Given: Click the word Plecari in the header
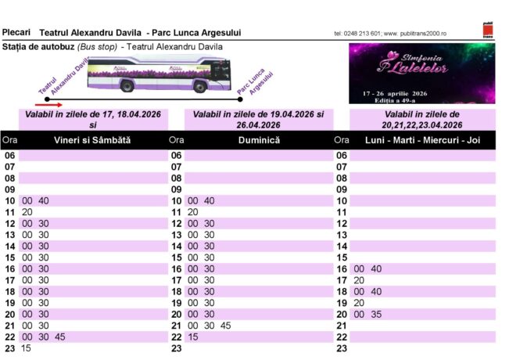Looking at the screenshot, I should pyautogui.click(x=16, y=32).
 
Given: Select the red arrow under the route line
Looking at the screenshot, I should pyautogui.click(x=48, y=103).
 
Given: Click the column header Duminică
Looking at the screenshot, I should pyautogui.click(x=259, y=140).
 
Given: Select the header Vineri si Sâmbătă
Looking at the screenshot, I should pyautogui.click(x=92, y=140).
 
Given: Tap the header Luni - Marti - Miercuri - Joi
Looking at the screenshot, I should pyautogui.click(x=422, y=140).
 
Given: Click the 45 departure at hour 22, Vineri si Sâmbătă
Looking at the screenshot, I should pyautogui.click(x=60, y=337).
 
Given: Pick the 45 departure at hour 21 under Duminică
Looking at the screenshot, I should pyautogui.click(x=225, y=325).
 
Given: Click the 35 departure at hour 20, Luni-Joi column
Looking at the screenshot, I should pyautogui.click(x=376, y=314).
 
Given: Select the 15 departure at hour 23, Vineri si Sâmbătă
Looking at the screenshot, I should pyautogui.click(x=27, y=347).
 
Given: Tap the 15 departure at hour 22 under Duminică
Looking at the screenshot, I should pyautogui.click(x=193, y=337).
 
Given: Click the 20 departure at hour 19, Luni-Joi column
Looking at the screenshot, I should pyautogui.click(x=359, y=302).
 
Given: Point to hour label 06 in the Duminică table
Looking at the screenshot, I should pyautogui.click(x=176, y=155).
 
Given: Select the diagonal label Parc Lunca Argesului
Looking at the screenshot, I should pyautogui.click(x=255, y=85).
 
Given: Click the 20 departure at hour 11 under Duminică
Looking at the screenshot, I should pyautogui.click(x=193, y=212).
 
